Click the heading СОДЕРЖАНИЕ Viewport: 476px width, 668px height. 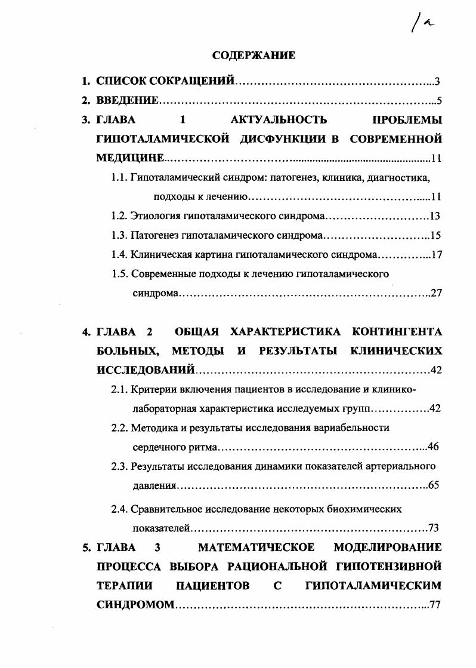(x=254, y=56)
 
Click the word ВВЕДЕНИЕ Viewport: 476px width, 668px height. (x=128, y=100)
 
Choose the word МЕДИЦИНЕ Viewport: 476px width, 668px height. (x=129, y=158)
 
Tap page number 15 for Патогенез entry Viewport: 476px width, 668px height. (x=435, y=235)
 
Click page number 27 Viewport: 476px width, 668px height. (x=435, y=293)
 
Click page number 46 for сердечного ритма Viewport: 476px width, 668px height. (x=434, y=447)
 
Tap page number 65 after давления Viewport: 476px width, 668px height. (x=434, y=485)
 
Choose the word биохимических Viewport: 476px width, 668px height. (x=364, y=509)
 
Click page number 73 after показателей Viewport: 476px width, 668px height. (x=434, y=528)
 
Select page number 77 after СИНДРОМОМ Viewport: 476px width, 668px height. (x=434, y=605)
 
